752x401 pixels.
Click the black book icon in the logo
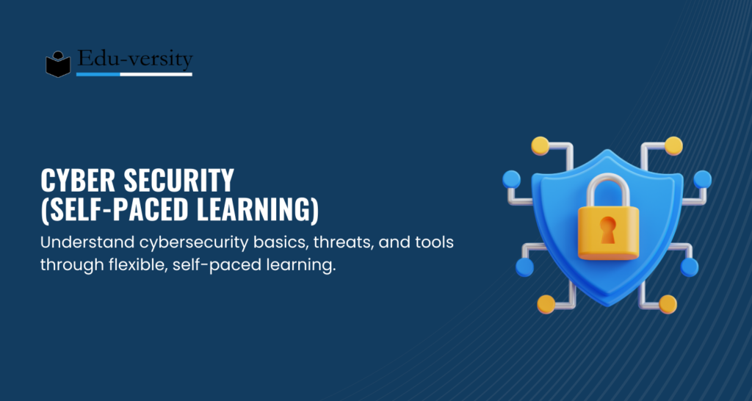58,64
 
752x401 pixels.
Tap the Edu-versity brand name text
135,59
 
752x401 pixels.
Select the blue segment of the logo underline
98,74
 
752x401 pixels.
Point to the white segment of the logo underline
156,74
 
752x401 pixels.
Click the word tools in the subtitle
435,242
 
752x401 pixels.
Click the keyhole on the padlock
607,229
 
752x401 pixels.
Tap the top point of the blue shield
607,150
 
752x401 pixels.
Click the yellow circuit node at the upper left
540,145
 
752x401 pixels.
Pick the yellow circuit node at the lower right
668,304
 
